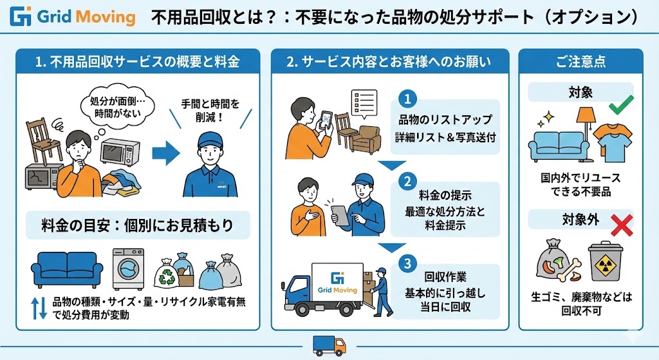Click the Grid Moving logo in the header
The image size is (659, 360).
click(73, 16)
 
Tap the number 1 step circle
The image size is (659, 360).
click(408, 99)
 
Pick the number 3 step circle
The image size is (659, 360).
click(408, 263)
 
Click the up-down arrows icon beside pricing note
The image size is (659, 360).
click(39, 308)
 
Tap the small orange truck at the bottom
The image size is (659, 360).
click(329, 345)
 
